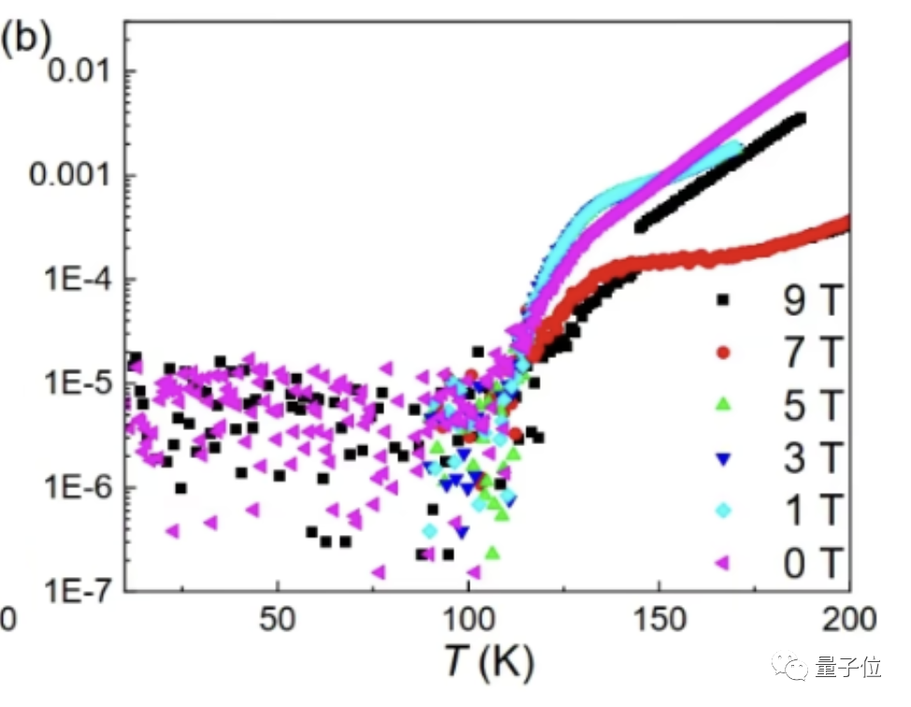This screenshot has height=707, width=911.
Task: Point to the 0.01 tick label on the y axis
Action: pos(75,70)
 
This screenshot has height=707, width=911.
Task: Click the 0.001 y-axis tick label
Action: pos(65,175)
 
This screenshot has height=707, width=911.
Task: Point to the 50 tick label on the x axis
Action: pos(277,620)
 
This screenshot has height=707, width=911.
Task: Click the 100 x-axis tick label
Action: pos(468,620)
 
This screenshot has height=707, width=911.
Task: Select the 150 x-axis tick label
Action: pos(658,620)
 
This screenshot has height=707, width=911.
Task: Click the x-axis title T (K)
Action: pos(485,664)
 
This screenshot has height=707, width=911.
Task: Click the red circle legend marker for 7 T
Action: pos(720,353)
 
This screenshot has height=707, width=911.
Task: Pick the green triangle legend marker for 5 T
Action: pos(720,405)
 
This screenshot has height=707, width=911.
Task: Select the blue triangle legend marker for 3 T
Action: pos(720,458)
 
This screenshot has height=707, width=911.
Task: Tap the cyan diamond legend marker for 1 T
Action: pos(720,511)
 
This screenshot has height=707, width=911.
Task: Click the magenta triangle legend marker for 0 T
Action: pos(720,563)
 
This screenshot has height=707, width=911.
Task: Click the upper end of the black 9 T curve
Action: pos(799,118)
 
